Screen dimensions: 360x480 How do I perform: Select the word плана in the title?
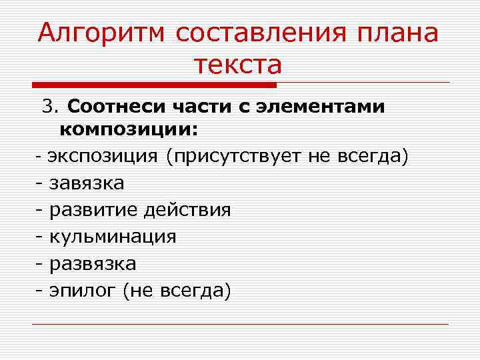pyautogui.click(x=400, y=33)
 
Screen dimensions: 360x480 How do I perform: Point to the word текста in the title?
pyautogui.click(x=239, y=65)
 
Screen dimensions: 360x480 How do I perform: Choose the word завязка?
pyautogui.click(x=87, y=183)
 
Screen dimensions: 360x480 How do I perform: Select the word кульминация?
pyautogui.click(x=113, y=237)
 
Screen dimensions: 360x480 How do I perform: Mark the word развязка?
pyautogui.click(x=93, y=263)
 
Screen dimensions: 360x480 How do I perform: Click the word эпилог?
pyautogui.click(x=83, y=291)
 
